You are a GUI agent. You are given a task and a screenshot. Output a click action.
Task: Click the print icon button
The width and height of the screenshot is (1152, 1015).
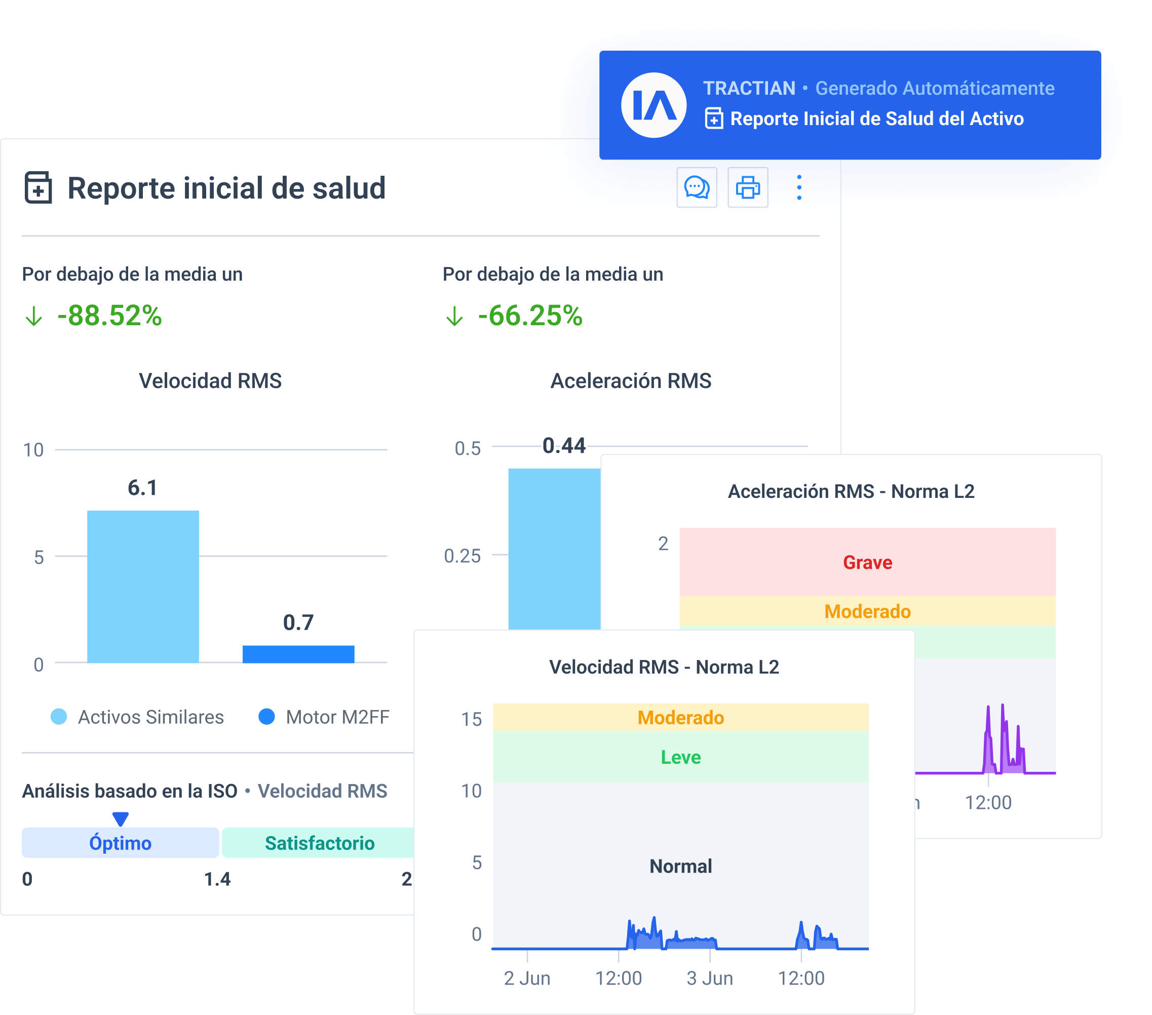pos(747,188)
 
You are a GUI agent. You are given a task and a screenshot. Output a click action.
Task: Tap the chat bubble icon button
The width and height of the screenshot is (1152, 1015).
pos(697,188)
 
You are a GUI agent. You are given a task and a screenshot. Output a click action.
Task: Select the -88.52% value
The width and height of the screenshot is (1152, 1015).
pos(109,316)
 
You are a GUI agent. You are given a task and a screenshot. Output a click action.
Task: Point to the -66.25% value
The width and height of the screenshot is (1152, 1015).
pos(530,316)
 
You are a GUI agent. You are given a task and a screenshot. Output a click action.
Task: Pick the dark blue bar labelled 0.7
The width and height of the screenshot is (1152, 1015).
pos(298,654)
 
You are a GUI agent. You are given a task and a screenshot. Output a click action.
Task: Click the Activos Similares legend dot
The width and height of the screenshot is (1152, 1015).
pos(59,717)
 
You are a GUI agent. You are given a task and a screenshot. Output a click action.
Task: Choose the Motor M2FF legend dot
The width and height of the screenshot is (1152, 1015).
pos(266,717)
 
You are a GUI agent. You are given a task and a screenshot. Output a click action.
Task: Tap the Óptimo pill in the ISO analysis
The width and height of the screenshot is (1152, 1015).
pos(120,843)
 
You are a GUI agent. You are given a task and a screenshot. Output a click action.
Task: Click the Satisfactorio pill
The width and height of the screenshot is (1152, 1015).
pos(319,843)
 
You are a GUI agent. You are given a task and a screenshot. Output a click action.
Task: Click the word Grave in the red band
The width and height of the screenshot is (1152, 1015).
pos(867,562)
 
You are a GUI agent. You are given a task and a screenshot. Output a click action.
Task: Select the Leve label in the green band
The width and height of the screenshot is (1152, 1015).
pos(680,757)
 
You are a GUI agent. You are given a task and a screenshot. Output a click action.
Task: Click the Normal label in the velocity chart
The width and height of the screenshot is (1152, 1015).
pos(680,866)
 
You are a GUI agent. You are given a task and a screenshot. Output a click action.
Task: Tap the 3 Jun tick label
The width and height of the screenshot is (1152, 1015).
pos(710,979)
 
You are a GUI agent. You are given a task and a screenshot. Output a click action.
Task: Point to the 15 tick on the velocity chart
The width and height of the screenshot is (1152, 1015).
pos(471,719)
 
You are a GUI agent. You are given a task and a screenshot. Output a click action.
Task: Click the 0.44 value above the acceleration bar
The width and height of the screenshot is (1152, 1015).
pos(564,446)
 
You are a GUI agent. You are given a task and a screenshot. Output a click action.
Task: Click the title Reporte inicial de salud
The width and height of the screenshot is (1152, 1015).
pos(226,188)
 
